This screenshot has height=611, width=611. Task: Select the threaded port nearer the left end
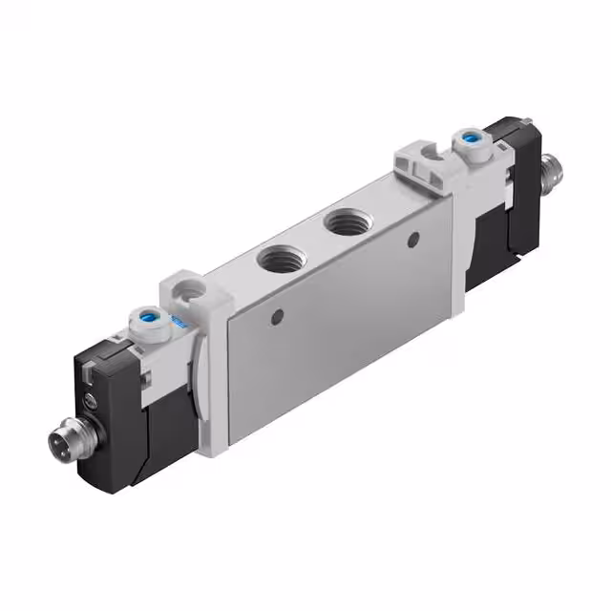(279, 257)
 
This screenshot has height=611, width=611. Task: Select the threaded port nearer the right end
(341, 224)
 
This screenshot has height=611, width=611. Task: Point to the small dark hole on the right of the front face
(411, 237)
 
